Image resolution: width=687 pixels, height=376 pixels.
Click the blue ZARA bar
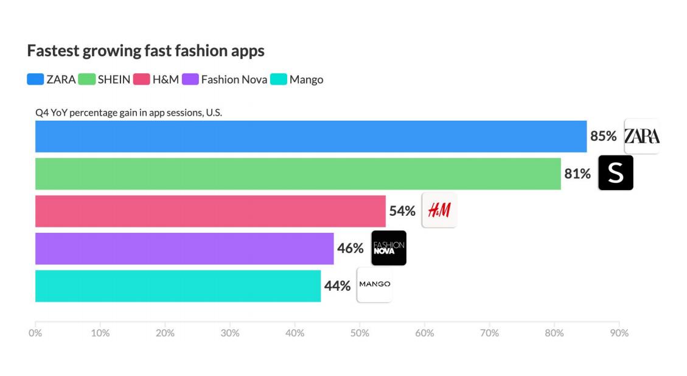coord(311,137)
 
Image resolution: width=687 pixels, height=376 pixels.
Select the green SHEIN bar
coord(298,174)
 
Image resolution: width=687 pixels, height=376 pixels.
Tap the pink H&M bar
coord(211,211)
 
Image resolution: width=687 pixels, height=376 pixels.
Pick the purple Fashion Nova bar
coord(184,248)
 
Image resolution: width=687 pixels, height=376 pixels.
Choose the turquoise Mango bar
coord(178,286)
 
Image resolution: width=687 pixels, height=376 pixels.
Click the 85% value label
coord(603,137)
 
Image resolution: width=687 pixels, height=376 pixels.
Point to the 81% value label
coord(577,174)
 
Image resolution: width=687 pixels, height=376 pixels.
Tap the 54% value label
coord(402,211)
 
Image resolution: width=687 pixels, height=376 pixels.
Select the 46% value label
coord(350,248)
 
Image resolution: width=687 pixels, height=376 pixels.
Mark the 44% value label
coord(337,286)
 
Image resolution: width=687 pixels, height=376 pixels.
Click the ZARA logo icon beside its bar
coord(642,136)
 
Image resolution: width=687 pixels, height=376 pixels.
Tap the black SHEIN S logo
coord(616,173)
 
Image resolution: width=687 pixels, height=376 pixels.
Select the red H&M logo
coord(439,210)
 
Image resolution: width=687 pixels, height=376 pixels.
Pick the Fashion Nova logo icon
coord(389,248)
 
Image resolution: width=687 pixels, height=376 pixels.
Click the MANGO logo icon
coord(375,285)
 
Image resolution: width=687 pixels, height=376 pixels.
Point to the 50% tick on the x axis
coord(360,333)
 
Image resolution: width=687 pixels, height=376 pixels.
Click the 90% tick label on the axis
coord(619,333)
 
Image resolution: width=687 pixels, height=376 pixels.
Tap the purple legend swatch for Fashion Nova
coord(190,79)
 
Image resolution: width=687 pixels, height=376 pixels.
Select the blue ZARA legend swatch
coord(35,79)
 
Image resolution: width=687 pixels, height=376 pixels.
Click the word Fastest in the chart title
coord(53,51)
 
